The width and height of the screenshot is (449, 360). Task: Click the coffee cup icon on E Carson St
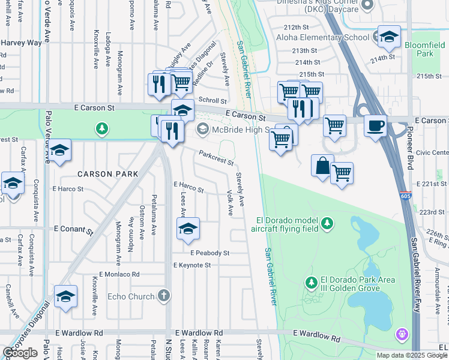(375, 126)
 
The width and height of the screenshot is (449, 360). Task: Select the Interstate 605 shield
(405, 196)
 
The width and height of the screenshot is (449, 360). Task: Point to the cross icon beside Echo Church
(164, 295)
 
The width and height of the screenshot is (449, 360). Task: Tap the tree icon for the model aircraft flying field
(327, 224)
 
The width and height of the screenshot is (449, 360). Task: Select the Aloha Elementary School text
(322, 38)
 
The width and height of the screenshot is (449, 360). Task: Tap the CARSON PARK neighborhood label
(107, 174)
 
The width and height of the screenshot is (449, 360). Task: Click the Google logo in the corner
(20, 353)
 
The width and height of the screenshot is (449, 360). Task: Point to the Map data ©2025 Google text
(412, 355)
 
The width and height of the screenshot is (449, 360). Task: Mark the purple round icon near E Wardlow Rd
(401, 332)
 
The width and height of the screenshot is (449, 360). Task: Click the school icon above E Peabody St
(188, 228)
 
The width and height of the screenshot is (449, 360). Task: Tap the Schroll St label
(213, 101)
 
